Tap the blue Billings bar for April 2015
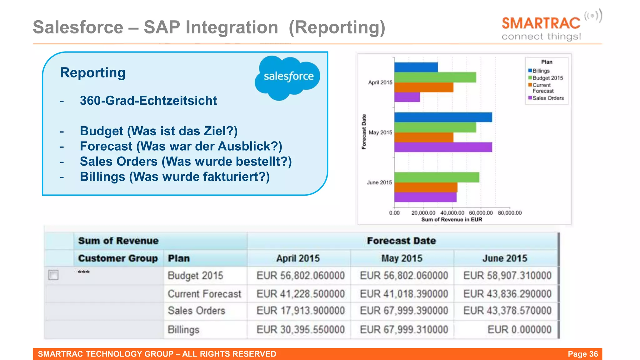pyautogui.click(x=416, y=67)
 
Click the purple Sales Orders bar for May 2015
pyautogui.click(x=443, y=147)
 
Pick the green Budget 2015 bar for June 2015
pyautogui.click(x=436, y=177)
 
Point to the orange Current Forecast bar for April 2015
pyautogui.click(x=423, y=87)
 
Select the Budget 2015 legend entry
pyautogui.click(x=547, y=78)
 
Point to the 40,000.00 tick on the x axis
pyautogui.click(x=452, y=213)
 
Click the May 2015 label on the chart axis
pyautogui.click(x=380, y=132)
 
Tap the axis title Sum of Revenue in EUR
pyautogui.click(x=452, y=220)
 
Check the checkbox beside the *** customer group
pyautogui.click(x=53, y=275)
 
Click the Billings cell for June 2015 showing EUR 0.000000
pyautogui.click(x=519, y=330)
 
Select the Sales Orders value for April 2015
pyautogui.click(x=300, y=311)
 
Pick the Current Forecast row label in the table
pyautogui.click(x=204, y=294)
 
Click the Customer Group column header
pyautogui.click(x=118, y=258)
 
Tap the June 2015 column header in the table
pyautogui.click(x=504, y=258)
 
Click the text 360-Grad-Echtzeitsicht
pyautogui.click(x=148, y=101)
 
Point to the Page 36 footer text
pyautogui.click(x=582, y=354)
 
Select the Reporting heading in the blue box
pyautogui.click(x=92, y=72)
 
